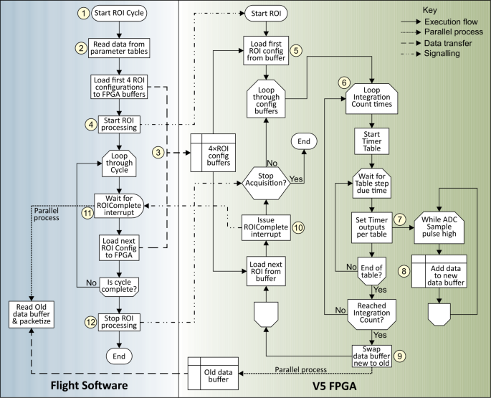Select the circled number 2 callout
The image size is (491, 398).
tap(82, 48)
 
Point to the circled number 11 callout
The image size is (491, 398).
tap(87, 213)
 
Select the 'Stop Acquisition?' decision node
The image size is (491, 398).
tap(266, 179)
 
